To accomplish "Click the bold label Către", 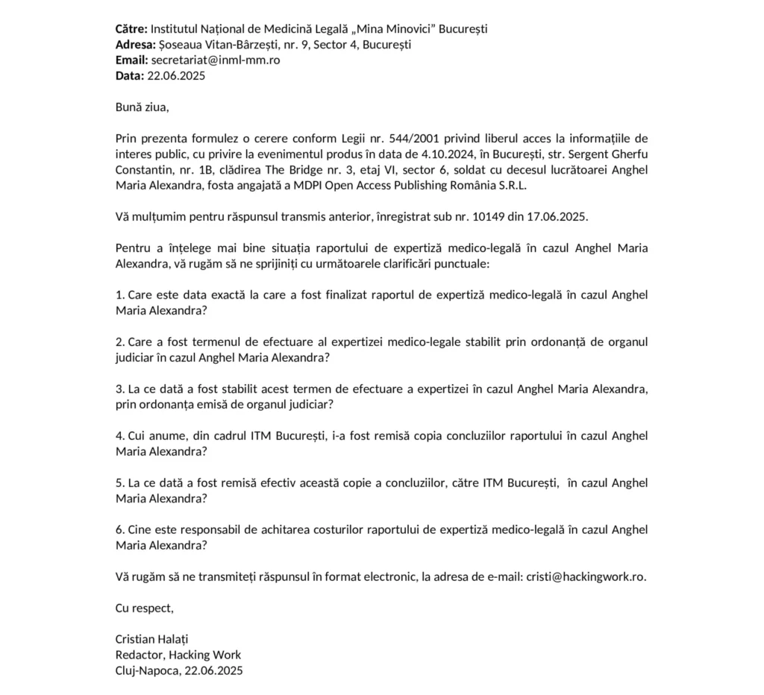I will point(131,29).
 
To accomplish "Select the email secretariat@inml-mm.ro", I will point(216,60).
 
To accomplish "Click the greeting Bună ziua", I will point(143,107).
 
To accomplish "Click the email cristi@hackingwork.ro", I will point(586,576).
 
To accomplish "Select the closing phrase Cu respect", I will point(144,608).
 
